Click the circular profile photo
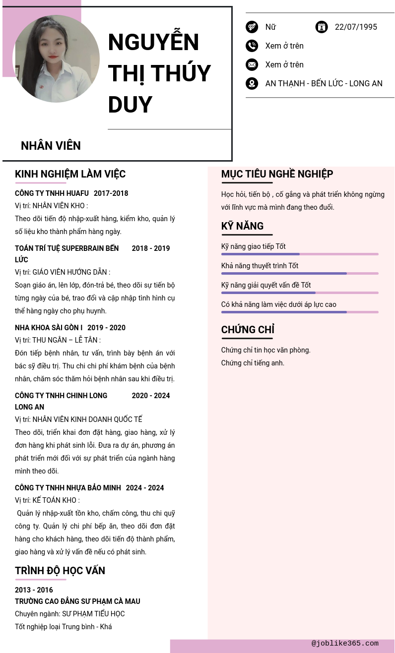click(56, 59)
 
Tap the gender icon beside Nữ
click(252, 27)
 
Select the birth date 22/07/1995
click(356, 27)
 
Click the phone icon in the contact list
click(252, 46)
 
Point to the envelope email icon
click(252, 64)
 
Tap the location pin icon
click(252, 83)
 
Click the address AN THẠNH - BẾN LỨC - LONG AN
click(324, 83)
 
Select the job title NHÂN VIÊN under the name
click(51, 146)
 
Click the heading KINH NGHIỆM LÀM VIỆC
click(70, 174)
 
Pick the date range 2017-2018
click(111, 193)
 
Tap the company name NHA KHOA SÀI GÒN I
click(49, 328)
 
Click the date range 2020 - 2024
click(151, 396)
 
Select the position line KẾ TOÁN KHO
click(47, 500)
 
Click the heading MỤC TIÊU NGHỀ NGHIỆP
click(277, 174)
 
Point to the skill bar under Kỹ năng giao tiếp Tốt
click(300, 254)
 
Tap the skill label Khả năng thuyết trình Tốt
click(260, 266)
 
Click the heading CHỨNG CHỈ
click(248, 330)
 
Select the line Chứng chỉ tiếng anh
click(253, 363)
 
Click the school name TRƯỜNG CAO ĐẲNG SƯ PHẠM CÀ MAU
click(77, 601)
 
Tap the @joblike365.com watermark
click(345, 644)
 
